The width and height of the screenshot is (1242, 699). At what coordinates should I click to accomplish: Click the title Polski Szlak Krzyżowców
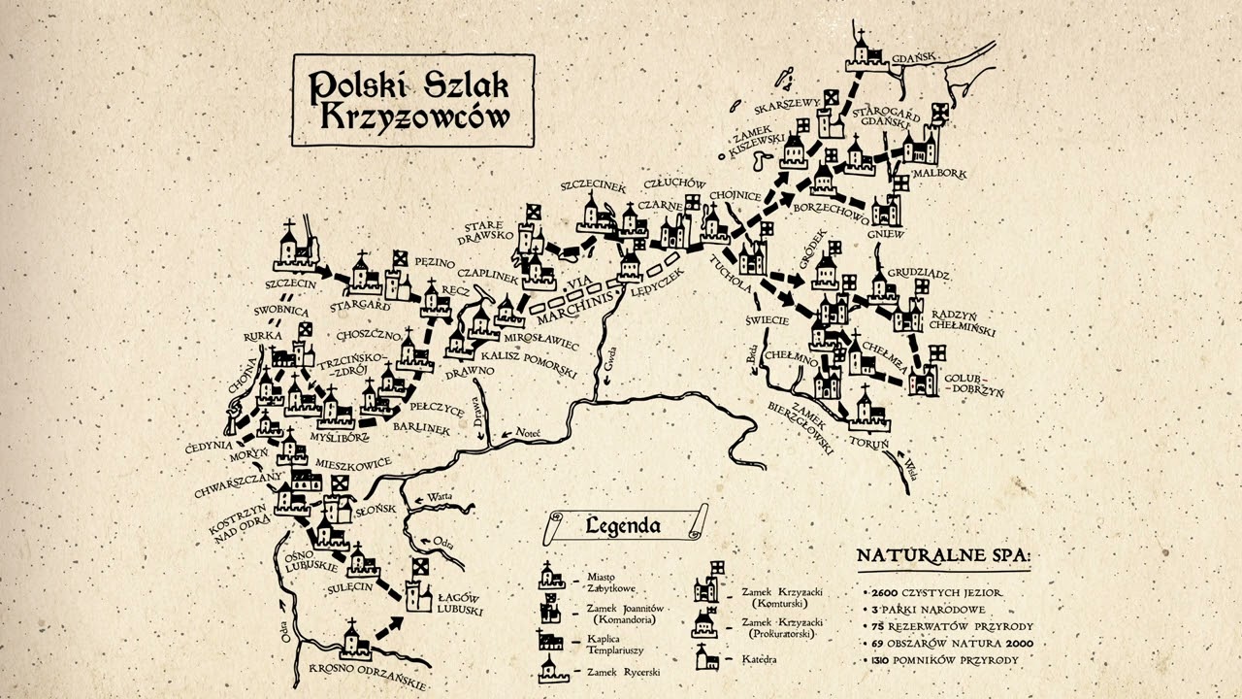(411, 100)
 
